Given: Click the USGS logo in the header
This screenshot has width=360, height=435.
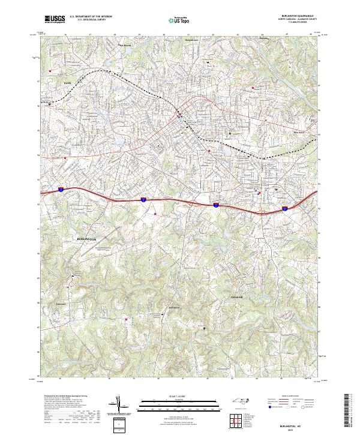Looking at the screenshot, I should coord(55,19).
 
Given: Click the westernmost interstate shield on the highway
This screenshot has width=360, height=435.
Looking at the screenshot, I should coord(61,190).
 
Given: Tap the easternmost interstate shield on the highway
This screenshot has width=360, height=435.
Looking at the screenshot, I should coord(286,209).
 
